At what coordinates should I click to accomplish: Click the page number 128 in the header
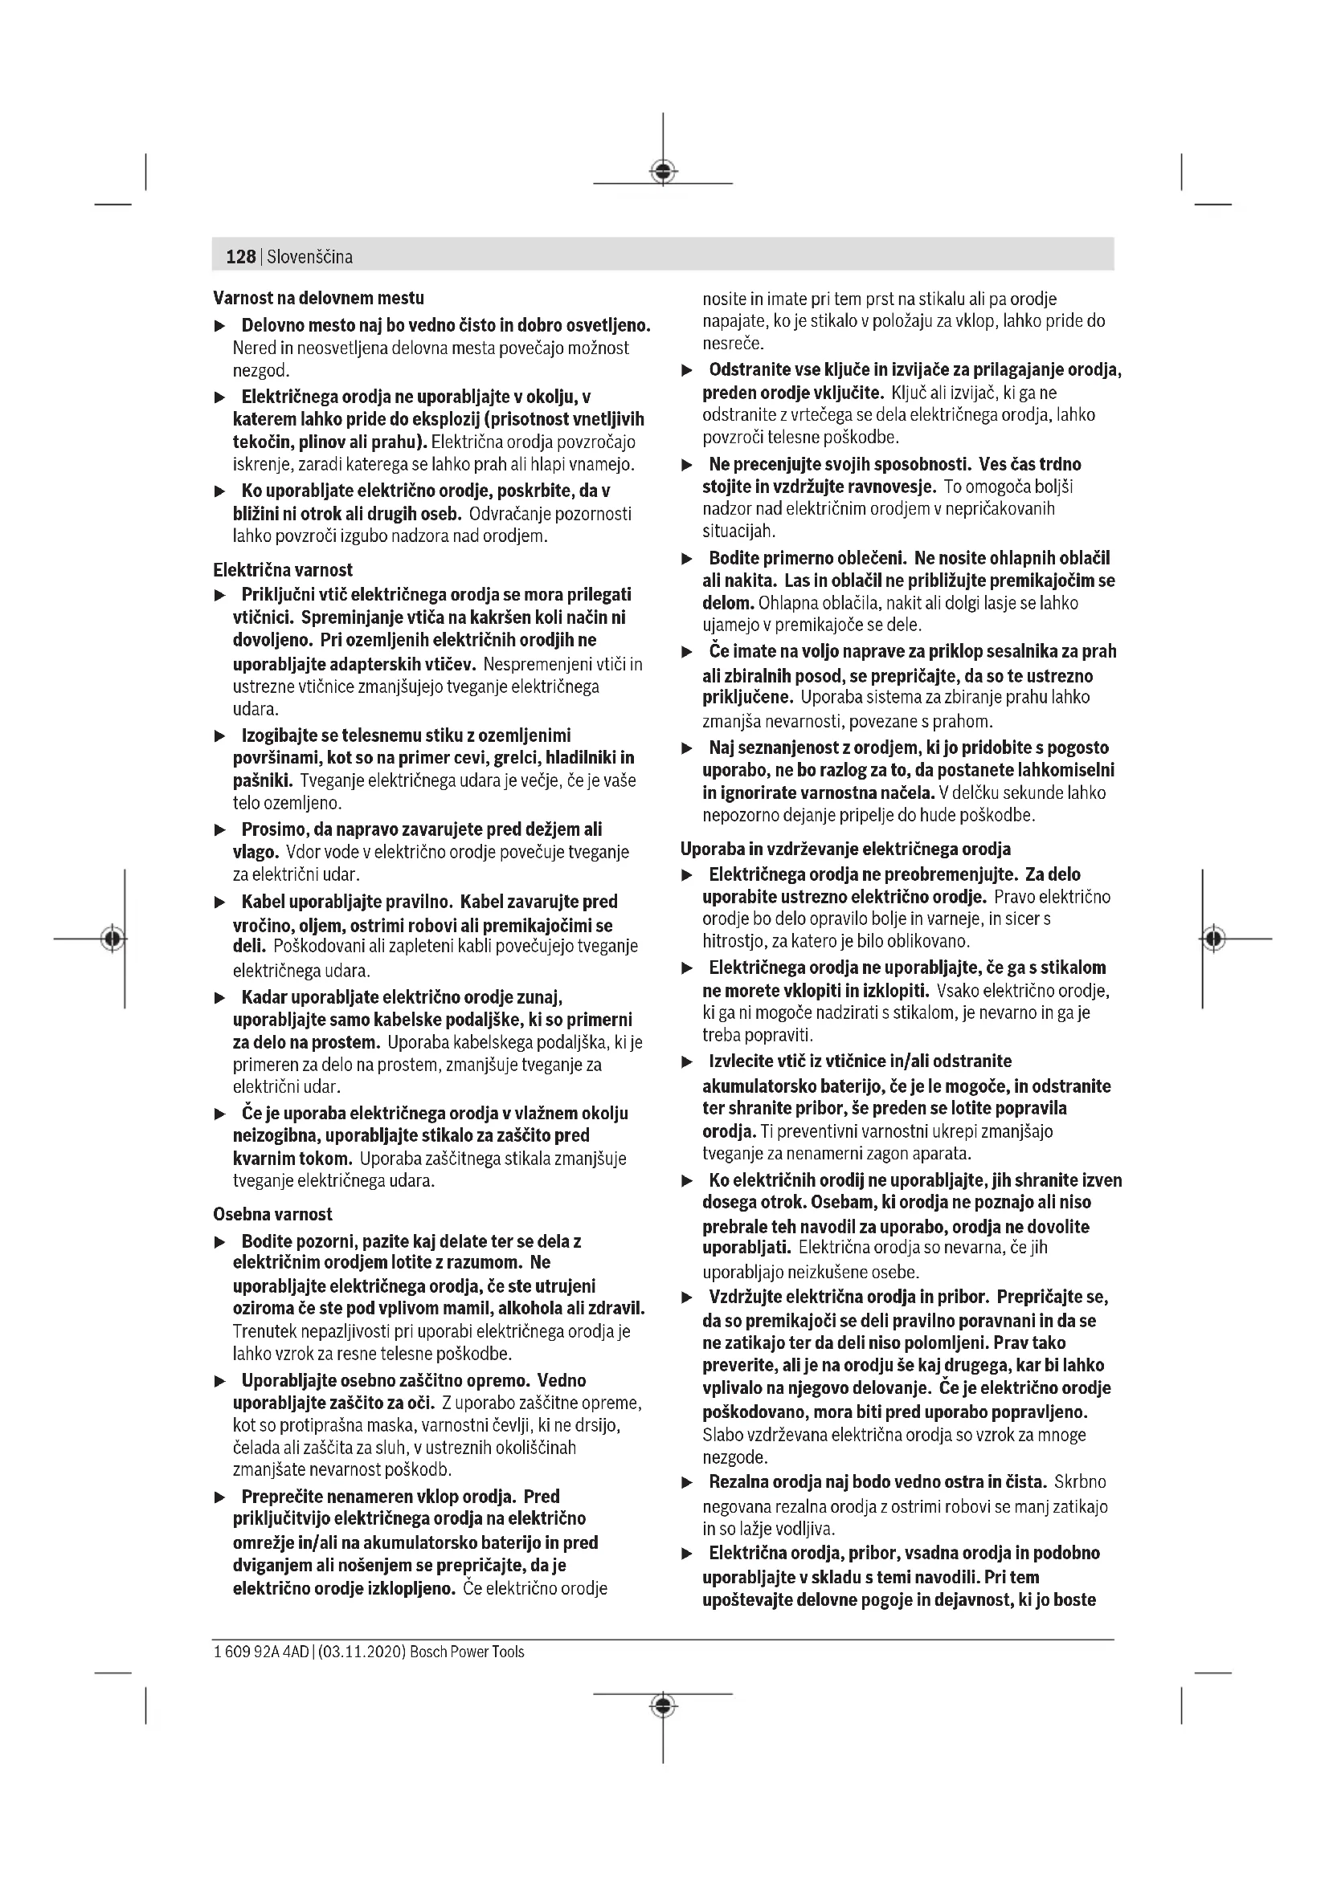(240, 257)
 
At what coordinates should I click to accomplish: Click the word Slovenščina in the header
(309, 257)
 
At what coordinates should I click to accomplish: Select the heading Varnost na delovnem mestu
(318, 298)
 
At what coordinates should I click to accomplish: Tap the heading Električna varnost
(282, 569)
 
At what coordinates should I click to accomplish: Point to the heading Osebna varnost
(272, 1214)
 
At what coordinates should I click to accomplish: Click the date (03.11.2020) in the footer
(362, 1652)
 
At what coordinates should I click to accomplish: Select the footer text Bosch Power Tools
(467, 1652)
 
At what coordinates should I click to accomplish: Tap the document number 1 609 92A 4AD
(261, 1652)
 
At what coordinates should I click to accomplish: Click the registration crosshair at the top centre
(663, 172)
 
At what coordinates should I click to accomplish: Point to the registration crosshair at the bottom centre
(663, 1705)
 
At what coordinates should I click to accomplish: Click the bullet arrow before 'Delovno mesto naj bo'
(219, 326)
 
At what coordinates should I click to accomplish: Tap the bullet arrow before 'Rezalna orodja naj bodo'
(688, 1482)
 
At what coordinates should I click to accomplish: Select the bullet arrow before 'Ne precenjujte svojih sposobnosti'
(688, 465)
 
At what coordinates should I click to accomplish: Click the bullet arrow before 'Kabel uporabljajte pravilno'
(219, 902)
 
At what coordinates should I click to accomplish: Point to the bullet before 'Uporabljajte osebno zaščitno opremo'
(219, 1382)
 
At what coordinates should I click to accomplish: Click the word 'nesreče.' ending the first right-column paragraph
(733, 344)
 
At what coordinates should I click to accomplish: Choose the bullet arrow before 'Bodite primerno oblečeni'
(688, 559)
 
